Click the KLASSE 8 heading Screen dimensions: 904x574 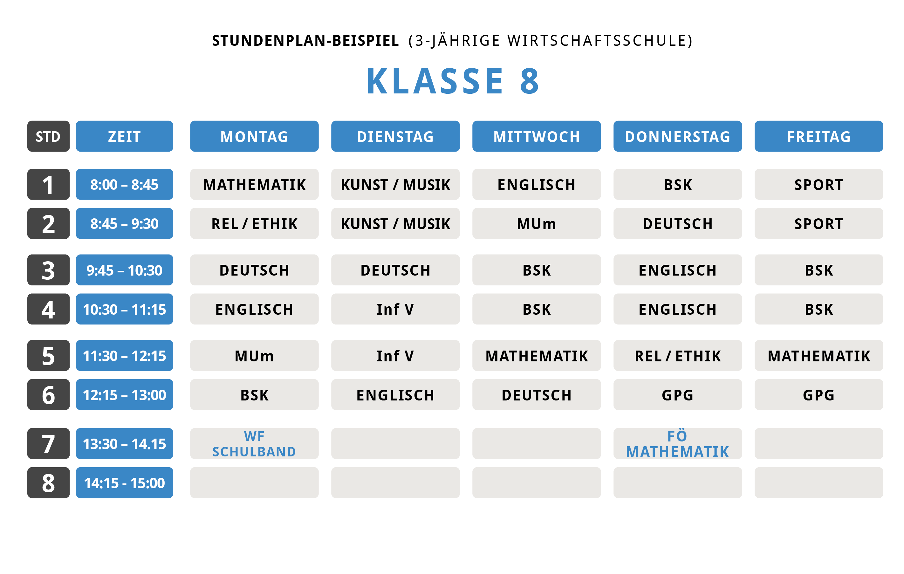(452, 81)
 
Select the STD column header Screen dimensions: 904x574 (48, 136)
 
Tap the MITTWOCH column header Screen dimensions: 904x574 (537, 136)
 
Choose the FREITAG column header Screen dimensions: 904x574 (819, 136)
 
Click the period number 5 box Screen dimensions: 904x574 (48, 356)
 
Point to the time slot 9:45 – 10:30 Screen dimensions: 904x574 (124, 270)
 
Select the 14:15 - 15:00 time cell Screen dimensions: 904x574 (124, 483)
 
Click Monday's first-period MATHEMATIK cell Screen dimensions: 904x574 (254, 184)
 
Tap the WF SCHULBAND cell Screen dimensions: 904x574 (254, 444)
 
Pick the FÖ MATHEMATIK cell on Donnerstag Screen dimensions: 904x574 (678, 444)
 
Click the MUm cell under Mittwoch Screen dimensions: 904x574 (537, 223)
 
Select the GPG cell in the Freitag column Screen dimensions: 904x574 (819, 394)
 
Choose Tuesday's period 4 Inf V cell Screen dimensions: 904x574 (395, 309)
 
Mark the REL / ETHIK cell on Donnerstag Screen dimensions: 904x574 (678, 356)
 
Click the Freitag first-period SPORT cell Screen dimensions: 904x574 (819, 184)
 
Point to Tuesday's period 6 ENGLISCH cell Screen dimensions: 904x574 (395, 394)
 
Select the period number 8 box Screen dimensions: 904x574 (48, 483)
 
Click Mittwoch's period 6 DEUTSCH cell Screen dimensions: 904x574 (537, 394)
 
